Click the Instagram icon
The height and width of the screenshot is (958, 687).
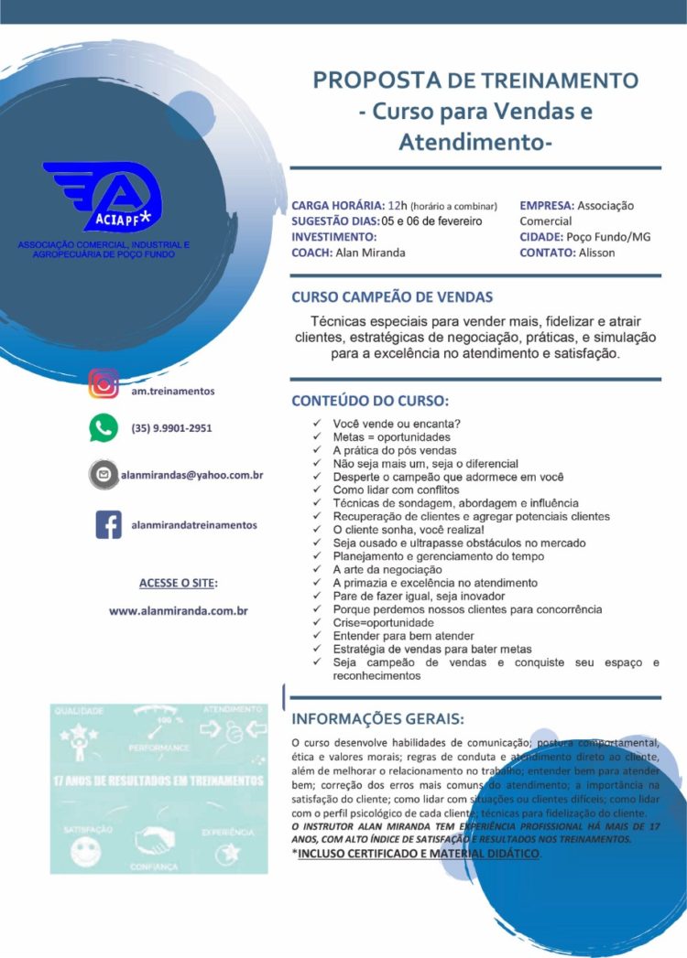104,383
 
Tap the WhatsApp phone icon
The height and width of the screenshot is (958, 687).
104,427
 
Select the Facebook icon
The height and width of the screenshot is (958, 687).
109,524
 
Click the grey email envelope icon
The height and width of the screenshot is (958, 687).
104,475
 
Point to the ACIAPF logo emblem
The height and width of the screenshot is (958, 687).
104,197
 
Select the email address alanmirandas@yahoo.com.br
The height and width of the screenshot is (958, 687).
192,475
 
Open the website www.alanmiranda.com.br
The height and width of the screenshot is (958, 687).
179,610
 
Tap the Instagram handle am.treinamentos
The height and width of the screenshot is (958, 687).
172,391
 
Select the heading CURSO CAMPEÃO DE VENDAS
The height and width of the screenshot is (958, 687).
392,296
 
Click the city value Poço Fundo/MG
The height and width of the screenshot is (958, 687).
608,237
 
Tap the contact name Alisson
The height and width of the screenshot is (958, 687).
596,253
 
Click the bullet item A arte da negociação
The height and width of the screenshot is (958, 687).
394,569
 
